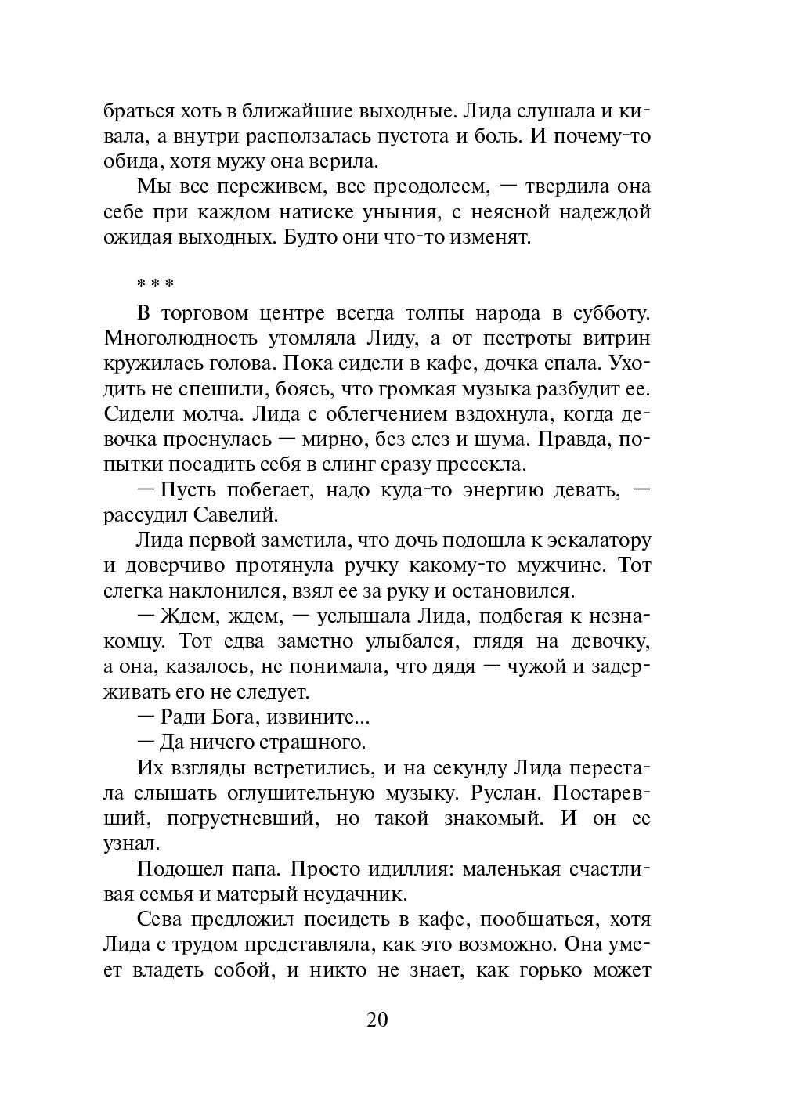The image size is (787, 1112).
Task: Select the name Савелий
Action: point(235,515)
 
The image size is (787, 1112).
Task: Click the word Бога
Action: point(240,717)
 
